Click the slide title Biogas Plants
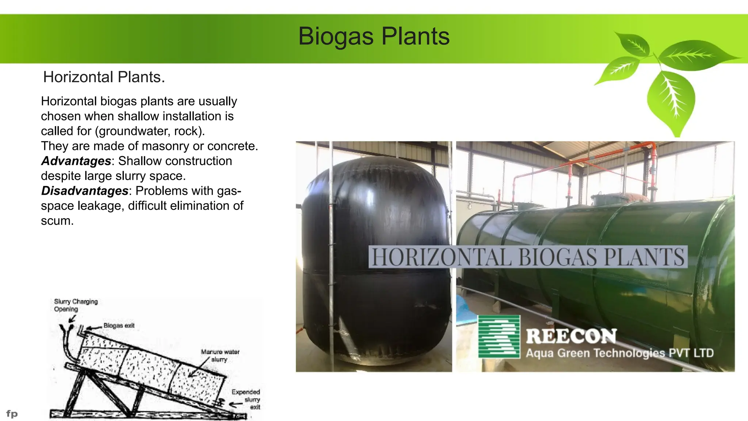coord(374,37)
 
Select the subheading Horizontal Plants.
coord(104,77)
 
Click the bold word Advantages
coord(76,161)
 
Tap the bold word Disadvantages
coord(84,191)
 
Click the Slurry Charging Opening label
coord(76,305)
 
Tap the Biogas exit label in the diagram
coord(119,325)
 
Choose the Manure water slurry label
coord(220,355)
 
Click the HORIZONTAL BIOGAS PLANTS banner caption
coord(528,257)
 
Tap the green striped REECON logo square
coord(499,337)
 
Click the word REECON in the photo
coord(571,336)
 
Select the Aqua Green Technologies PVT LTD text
coord(619,353)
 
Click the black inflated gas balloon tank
coord(376,256)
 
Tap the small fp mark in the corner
coord(12,414)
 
